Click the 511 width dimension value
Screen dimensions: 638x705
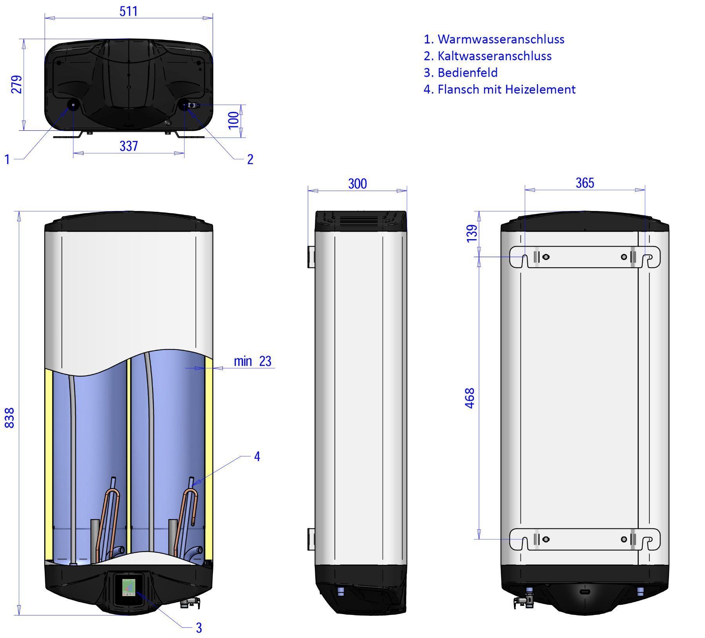tap(128, 11)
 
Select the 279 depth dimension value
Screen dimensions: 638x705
tap(17, 84)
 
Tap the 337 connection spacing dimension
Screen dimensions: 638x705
tap(128, 146)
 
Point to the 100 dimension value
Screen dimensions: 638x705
tap(234, 120)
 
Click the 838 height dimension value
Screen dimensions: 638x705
tap(9, 418)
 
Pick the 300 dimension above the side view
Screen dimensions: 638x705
tap(357, 184)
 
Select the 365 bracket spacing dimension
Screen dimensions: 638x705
tap(585, 183)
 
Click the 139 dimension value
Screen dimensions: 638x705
tap(472, 233)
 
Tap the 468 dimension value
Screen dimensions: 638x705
tap(470, 398)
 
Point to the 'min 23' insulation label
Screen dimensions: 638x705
tap(253, 361)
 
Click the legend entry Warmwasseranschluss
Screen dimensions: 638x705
tap(494, 39)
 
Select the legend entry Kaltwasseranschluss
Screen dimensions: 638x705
tap(488, 56)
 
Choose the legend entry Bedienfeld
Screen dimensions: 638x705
tap(461, 73)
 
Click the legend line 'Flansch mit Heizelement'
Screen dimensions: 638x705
tap(499, 90)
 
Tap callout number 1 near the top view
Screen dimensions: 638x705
tap(7, 159)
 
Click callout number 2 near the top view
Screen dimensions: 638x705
tap(250, 159)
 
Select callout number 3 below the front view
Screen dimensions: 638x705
tap(199, 628)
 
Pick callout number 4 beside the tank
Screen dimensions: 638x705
tap(257, 456)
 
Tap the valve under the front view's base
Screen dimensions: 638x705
tap(190, 603)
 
